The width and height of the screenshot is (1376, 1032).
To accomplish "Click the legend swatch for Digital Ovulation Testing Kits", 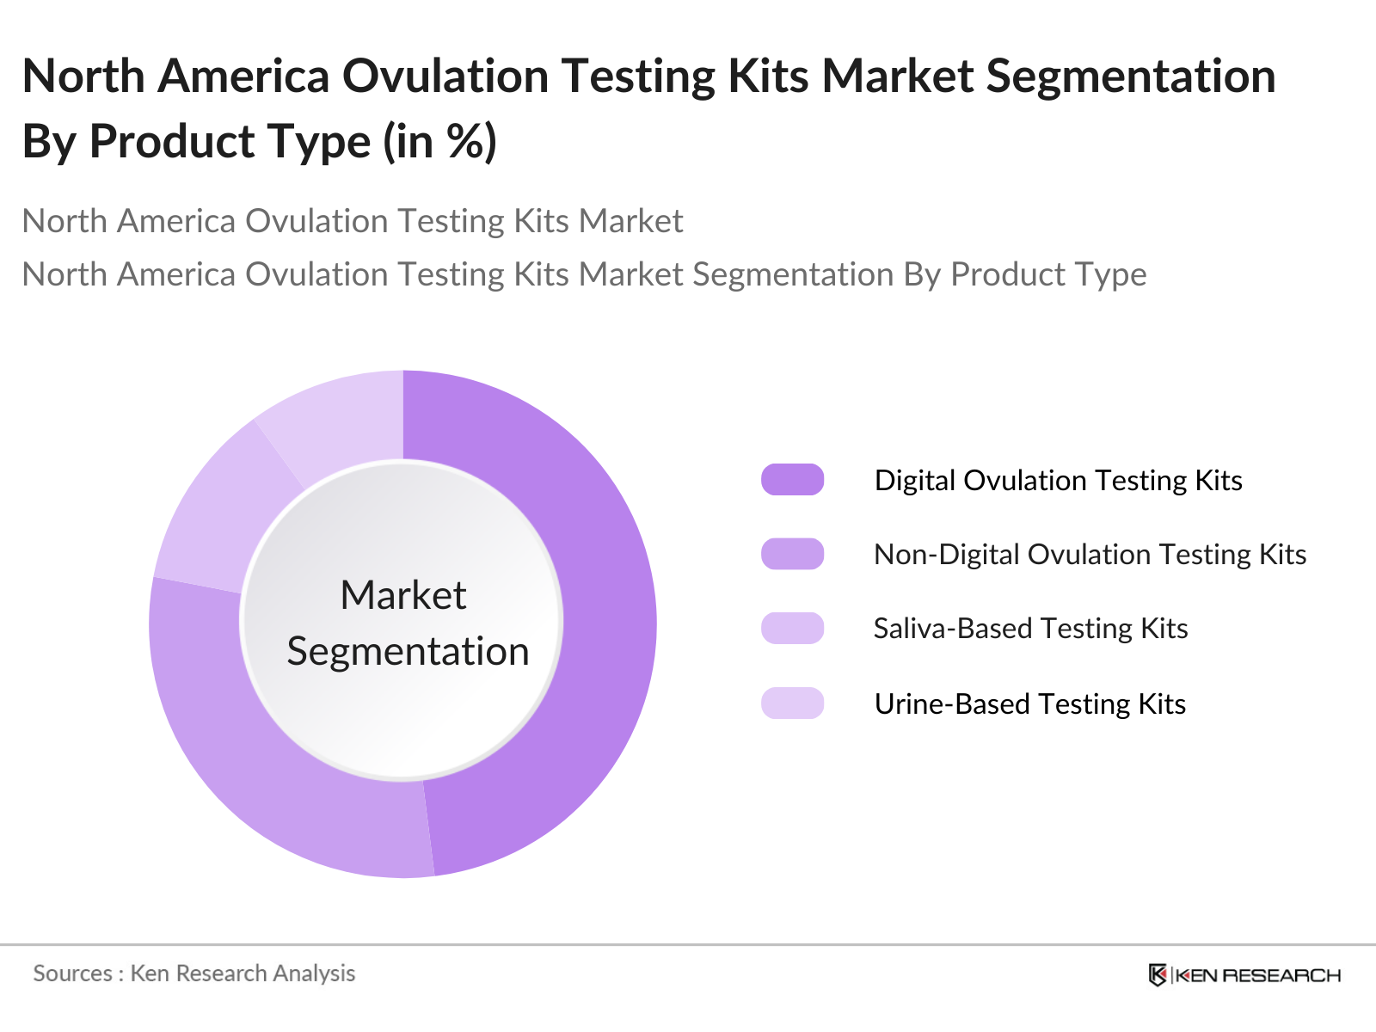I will pyautogui.click(x=792, y=480).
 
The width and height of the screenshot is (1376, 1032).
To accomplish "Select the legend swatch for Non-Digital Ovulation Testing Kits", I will pyautogui.click(x=792, y=554).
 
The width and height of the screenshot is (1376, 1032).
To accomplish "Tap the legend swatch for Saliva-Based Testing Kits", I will pyautogui.click(x=792, y=628).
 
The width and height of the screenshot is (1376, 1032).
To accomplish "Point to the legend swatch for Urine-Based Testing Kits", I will pyautogui.click(x=792, y=703).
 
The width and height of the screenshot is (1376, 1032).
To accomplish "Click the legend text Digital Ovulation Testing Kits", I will pyautogui.click(x=1058, y=480).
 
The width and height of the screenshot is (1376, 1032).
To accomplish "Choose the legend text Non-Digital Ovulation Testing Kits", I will pyautogui.click(x=1090, y=554).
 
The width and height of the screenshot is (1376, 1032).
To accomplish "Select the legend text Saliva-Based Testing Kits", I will pyautogui.click(x=1030, y=628).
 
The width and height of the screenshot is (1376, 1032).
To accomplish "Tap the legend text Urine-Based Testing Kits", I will pyautogui.click(x=1029, y=703).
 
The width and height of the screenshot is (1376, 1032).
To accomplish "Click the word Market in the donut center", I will pyautogui.click(x=402, y=595).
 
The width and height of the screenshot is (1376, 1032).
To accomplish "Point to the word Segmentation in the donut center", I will pyautogui.click(x=408, y=651).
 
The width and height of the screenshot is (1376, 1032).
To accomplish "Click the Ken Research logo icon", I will pyautogui.click(x=1158, y=974).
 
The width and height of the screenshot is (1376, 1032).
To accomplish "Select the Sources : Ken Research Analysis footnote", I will pyautogui.click(x=193, y=974).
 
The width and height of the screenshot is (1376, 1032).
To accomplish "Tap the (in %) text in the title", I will pyautogui.click(x=439, y=141).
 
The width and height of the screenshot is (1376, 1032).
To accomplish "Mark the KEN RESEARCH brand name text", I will pyautogui.click(x=1257, y=975).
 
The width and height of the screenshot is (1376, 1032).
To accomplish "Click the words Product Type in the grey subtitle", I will pyautogui.click(x=1048, y=274).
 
